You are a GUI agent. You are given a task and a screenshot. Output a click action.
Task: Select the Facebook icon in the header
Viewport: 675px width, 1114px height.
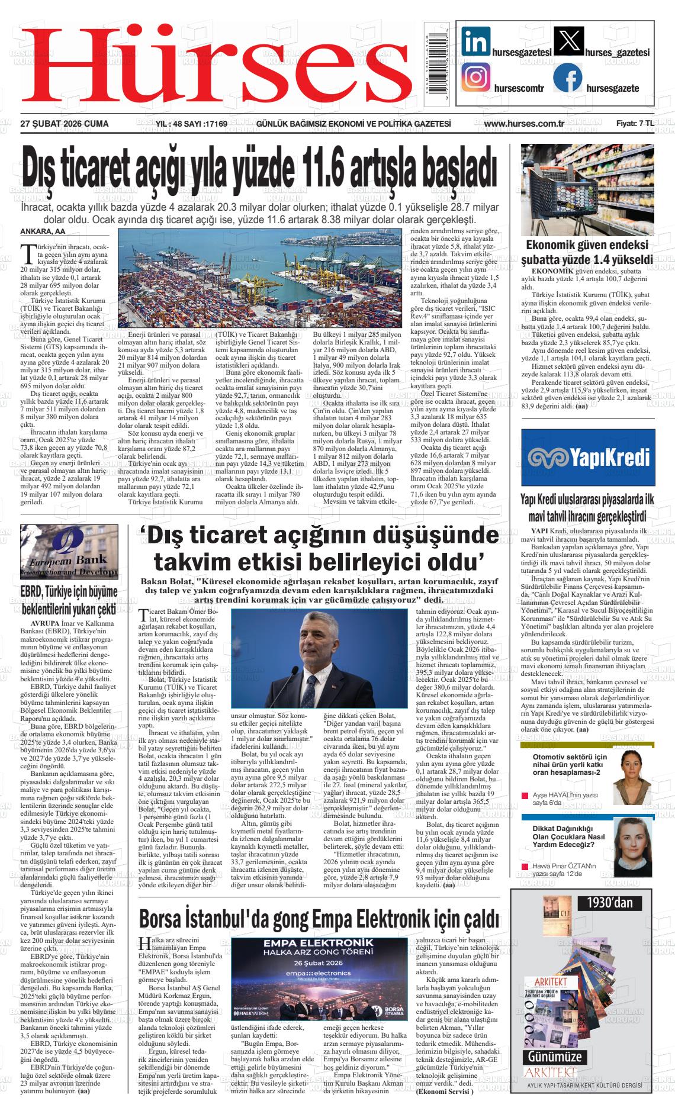tap(567, 78)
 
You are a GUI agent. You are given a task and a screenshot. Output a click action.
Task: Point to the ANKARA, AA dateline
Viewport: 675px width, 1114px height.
tap(43, 231)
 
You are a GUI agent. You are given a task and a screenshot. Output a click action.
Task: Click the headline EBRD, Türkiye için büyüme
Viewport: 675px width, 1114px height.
tap(69, 592)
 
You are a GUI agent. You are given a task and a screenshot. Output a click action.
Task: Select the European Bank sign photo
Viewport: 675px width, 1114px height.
tap(69, 552)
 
